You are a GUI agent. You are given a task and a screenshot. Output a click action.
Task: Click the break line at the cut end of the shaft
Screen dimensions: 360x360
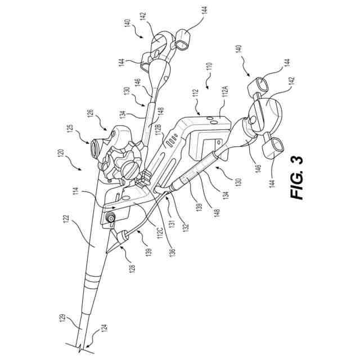[x=78, y=346]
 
